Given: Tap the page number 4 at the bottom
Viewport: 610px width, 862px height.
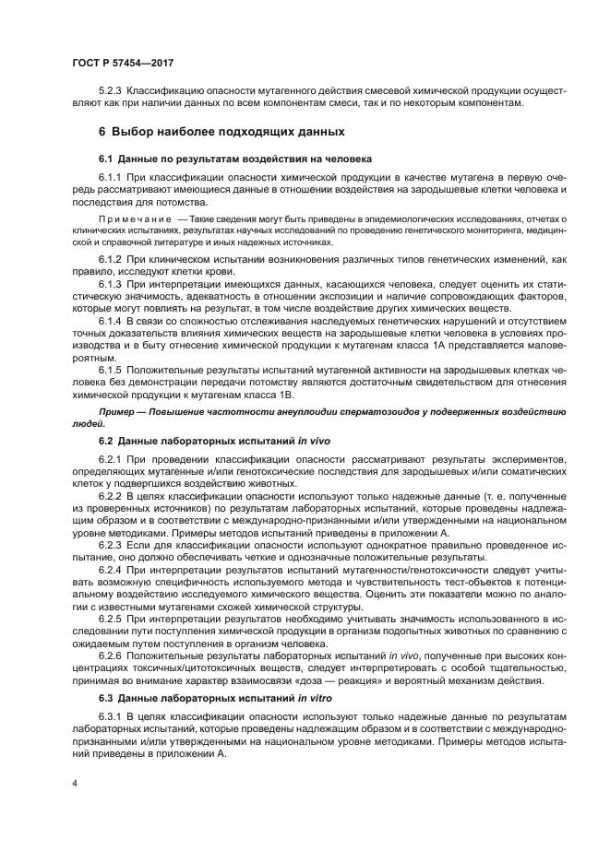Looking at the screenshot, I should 74,782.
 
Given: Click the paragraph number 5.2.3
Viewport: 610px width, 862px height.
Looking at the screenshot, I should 111,91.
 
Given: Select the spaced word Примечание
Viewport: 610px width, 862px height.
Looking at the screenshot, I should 132,218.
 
